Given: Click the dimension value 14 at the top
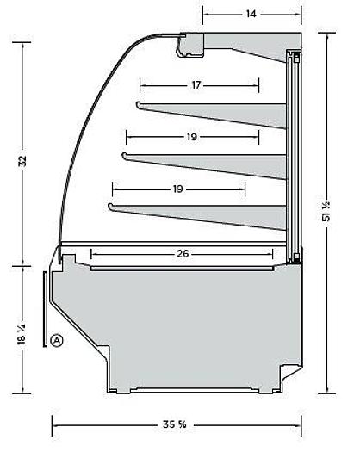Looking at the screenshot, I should [x=251, y=15].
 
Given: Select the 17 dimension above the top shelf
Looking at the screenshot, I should [x=196, y=85].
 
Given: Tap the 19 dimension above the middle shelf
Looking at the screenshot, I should [x=190, y=136].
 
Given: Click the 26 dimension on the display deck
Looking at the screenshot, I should [x=181, y=254].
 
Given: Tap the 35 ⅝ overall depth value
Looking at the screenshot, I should [x=176, y=424].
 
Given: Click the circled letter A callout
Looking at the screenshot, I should [x=57, y=340].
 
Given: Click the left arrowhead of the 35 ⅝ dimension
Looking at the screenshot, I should [x=55, y=424].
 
